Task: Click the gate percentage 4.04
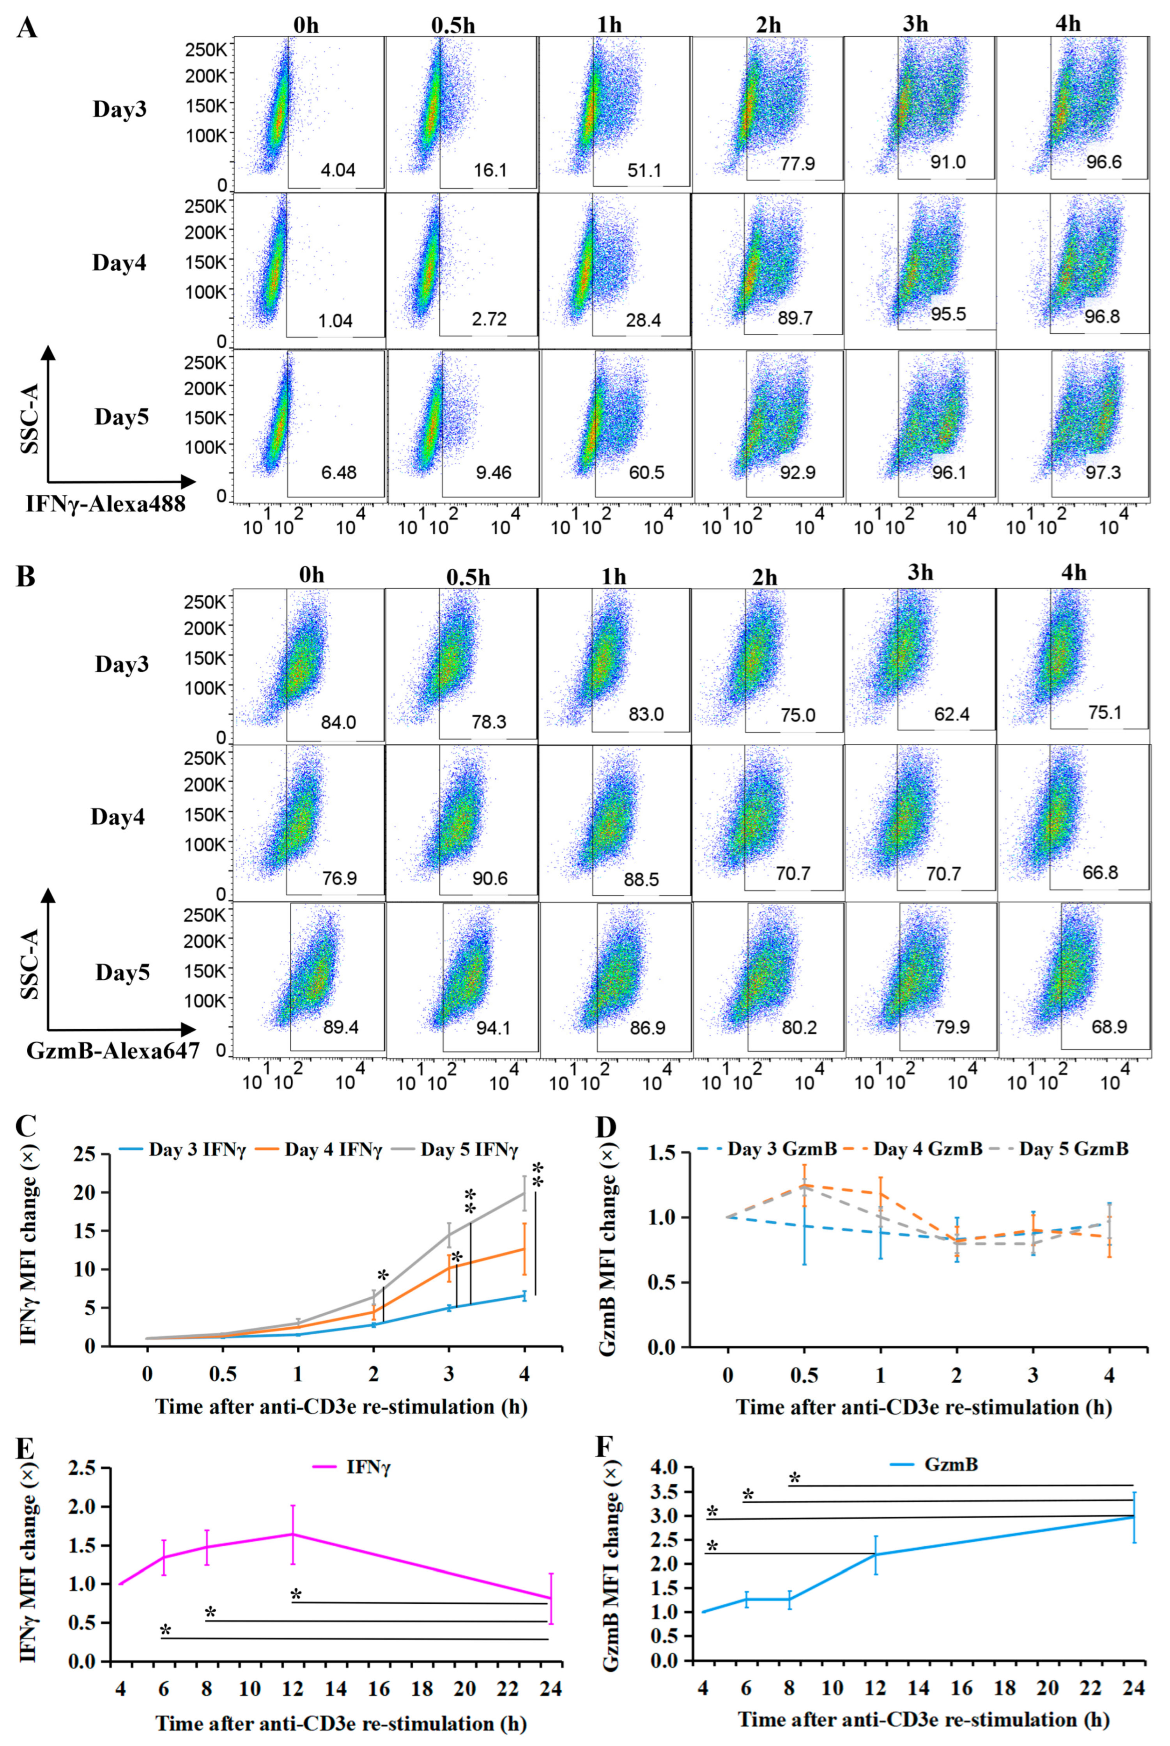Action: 338,170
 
